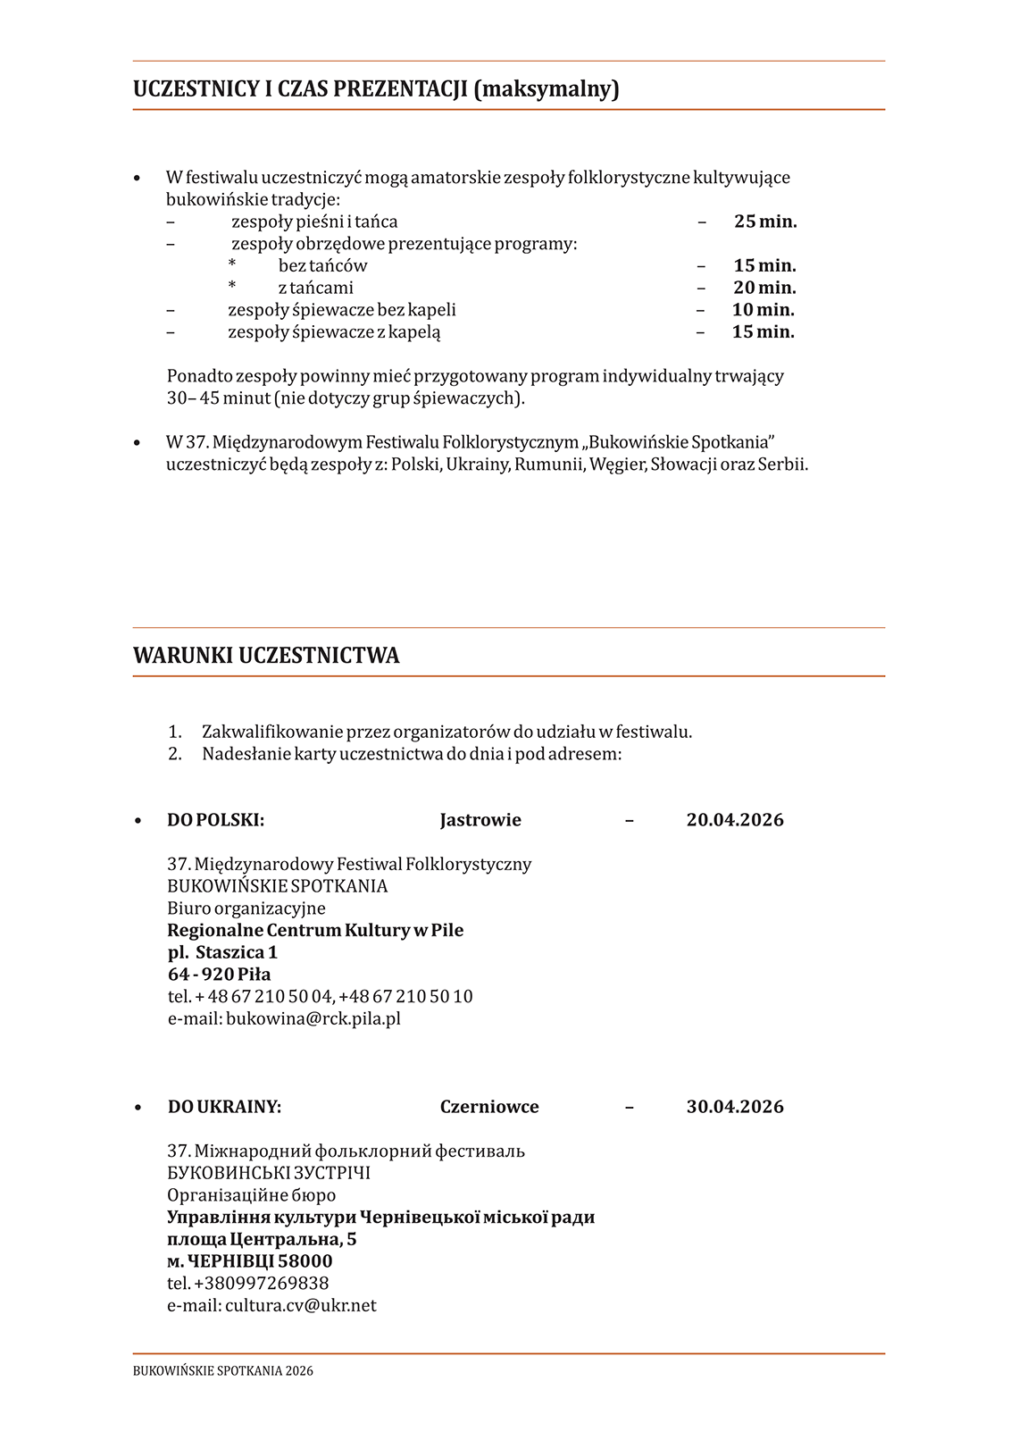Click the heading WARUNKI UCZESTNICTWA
point(266,656)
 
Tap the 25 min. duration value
point(765,222)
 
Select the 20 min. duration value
point(764,288)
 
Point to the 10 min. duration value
point(763,310)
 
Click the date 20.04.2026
point(735,820)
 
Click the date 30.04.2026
point(735,1107)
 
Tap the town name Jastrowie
point(480,820)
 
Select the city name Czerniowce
point(489,1107)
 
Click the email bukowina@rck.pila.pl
point(313,1018)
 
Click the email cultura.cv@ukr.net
point(301,1305)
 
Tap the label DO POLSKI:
point(215,820)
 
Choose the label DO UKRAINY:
point(224,1107)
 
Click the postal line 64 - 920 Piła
point(219,975)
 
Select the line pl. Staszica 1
point(222,952)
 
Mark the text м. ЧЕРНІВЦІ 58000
point(249,1261)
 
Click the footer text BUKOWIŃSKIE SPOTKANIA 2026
point(223,1371)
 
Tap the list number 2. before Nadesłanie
point(175,754)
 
